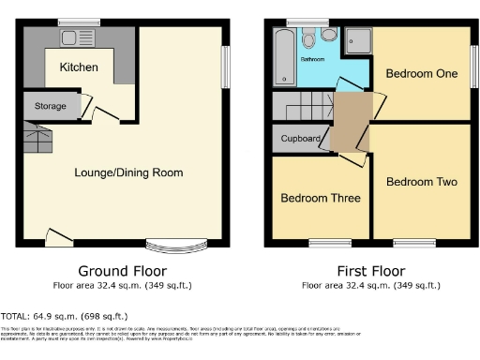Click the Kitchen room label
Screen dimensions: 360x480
pyautogui.click(x=79, y=67)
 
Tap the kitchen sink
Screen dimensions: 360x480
pyautogui.click(x=73, y=39)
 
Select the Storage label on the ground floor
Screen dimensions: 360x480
pyautogui.click(x=51, y=106)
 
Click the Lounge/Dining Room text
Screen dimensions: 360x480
pyautogui.click(x=128, y=172)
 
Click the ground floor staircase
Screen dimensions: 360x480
pyautogui.click(x=37, y=141)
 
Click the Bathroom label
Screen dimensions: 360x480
pyautogui.click(x=311, y=59)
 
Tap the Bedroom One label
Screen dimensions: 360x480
pyautogui.click(x=422, y=74)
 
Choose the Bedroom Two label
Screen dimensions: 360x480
pyautogui.click(x=422, y=181)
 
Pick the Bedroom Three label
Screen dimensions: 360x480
pyautogui.click(x=317, y=198)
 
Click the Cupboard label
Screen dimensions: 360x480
pyautogui.click(x=300, y=140)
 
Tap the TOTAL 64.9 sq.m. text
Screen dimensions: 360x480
pyautogui.click(x=64, y=316)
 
